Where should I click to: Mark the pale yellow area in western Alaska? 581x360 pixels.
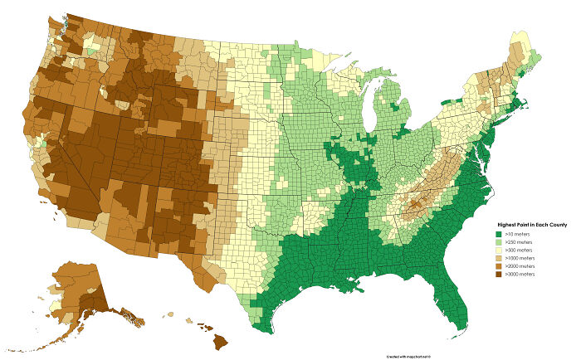coord(56,305)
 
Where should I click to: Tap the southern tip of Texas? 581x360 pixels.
coord(264,329)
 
